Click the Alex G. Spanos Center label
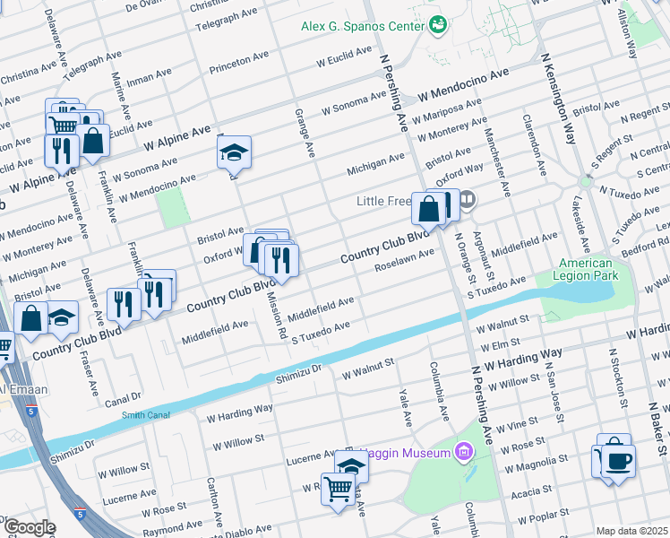coord(362,26)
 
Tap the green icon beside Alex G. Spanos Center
coord(438,25)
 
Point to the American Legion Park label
coord(586,270)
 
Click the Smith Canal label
coord(145,414)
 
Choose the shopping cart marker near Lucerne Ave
coord(338,489)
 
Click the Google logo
coord(30,527)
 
